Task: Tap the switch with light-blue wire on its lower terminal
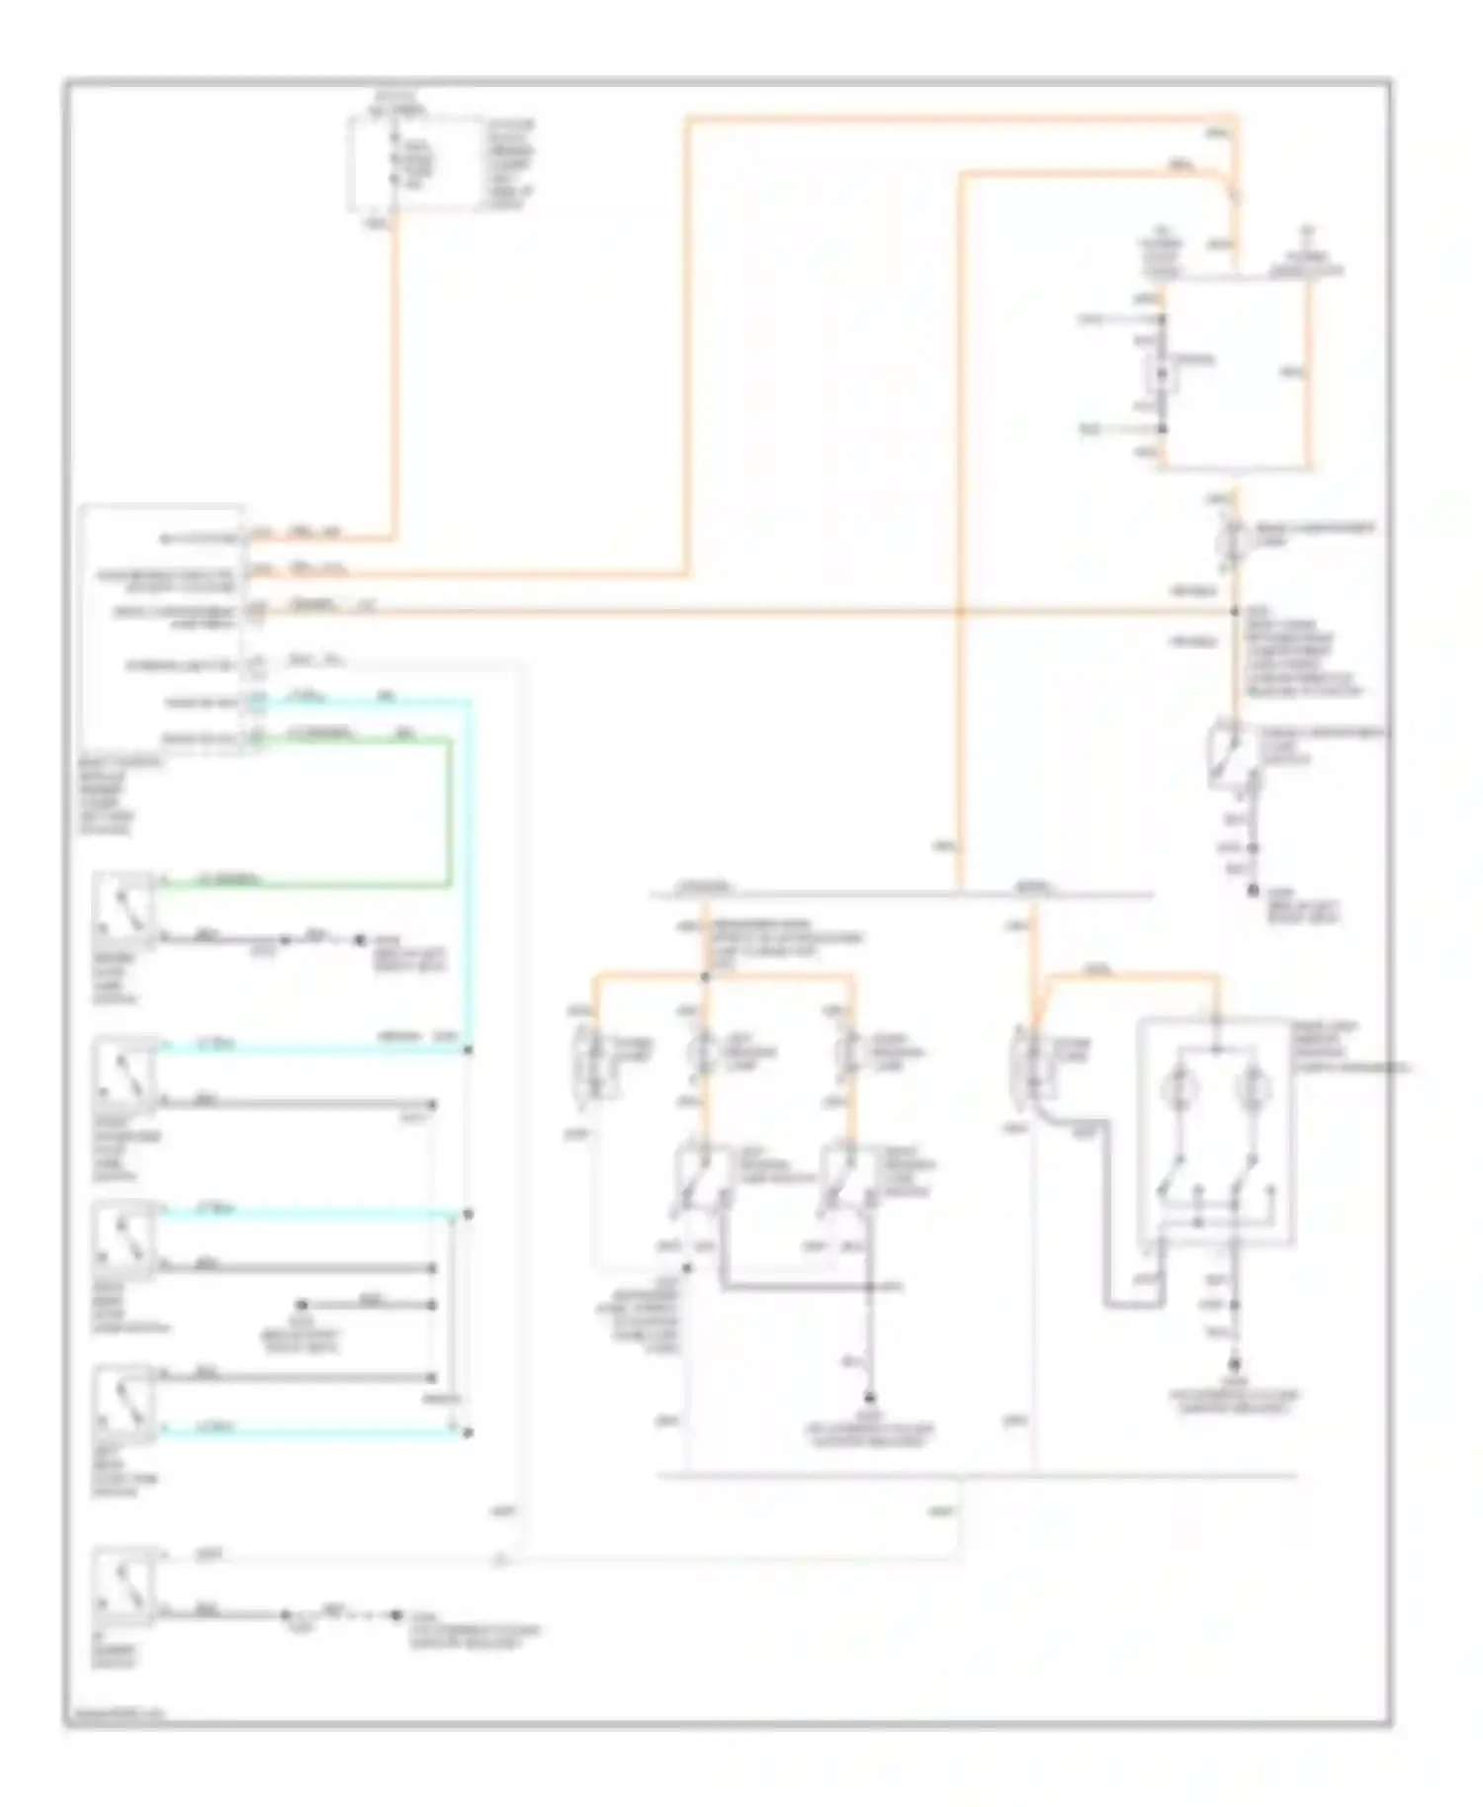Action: (x=124, y=1403)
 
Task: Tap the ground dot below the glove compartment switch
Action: (x=1253, y=891)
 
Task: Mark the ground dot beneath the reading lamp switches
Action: (x=870, y=1397)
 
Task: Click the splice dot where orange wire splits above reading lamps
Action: (x=704, y=978)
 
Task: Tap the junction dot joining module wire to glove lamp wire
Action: (x=1234, y=612)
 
